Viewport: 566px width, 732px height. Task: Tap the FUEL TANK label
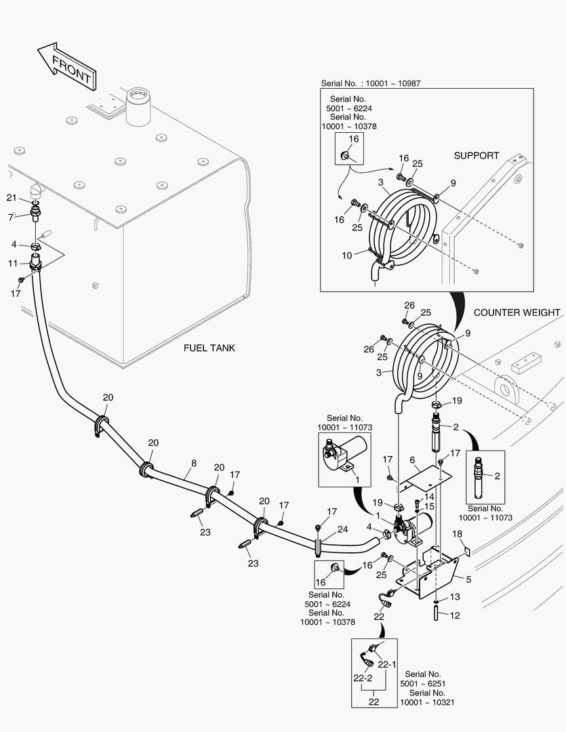coord(209,348)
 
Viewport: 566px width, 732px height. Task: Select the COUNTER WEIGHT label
coord(517,312)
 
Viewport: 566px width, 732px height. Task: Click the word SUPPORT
coord(476,155)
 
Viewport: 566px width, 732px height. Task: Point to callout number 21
coord(11,197)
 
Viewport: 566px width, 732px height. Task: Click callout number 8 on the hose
coord(194,464)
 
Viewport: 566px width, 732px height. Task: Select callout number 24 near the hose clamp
coord(343,529)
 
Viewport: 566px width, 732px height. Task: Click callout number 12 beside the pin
coord(456,615)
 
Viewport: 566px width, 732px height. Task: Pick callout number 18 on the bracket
coord(457,534)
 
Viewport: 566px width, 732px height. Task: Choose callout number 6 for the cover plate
coord(411,460)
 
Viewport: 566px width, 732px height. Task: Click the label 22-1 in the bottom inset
coord(386,664)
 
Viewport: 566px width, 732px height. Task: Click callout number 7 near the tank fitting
coord(11,217)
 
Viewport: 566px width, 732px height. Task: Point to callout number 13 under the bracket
coord(455,596)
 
